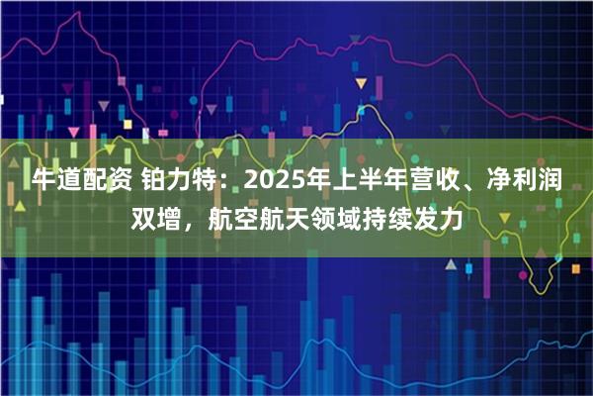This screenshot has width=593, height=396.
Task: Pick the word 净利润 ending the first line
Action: [x=534, y=181]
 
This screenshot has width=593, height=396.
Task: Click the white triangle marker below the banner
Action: [x=450, y=266]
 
